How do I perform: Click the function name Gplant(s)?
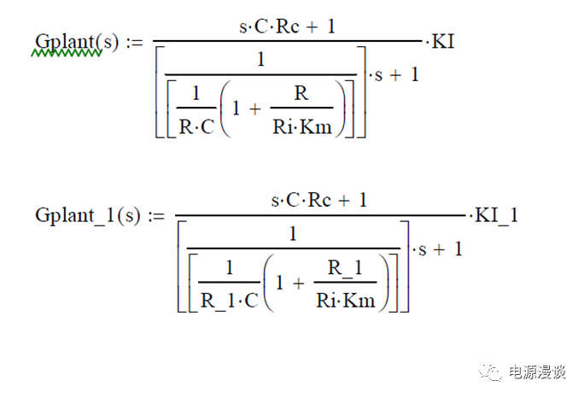[77, 42]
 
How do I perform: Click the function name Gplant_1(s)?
[88, 216]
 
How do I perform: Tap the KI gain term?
[443, 41]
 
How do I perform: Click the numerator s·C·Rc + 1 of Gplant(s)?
[287, 26]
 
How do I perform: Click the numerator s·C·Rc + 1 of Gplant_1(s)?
[319, 201]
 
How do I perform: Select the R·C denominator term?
[197, 126]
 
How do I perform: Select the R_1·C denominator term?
[229, 301]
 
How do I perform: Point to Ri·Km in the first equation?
[302, 127]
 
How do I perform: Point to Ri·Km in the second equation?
[345, 301]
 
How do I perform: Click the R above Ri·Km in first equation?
[301, 93]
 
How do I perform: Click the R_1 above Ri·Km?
[345, 267]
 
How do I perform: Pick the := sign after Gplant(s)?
[134, 42]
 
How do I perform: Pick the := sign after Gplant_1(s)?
[156, 216]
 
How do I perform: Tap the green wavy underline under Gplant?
[67, 54]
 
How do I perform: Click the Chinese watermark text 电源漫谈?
[537, 372]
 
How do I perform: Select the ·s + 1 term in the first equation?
[394, 75]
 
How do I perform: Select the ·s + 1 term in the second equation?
[437, 249]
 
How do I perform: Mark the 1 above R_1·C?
[230, 267]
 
